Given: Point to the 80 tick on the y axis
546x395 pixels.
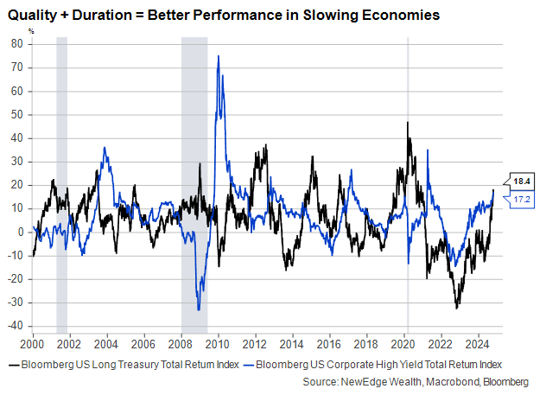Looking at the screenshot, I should coord(16,43).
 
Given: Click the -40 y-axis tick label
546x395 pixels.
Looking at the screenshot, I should coord(15,326).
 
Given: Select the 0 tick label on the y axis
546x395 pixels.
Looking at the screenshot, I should coord(20,232).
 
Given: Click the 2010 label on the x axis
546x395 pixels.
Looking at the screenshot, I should coord(218,342).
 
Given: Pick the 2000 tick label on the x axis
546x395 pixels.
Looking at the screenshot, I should coord(33,342).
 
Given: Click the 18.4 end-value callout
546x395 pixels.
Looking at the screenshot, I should coord(522,182).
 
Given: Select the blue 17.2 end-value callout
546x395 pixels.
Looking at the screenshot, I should coord(522,200).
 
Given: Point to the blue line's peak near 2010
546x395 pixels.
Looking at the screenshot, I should coord(218,56).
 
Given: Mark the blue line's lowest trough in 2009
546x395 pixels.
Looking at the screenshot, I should coord(199,309).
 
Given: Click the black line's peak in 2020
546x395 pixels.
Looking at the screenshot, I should coord(407,123).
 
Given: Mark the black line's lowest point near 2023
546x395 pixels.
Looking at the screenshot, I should coord(457,307).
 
